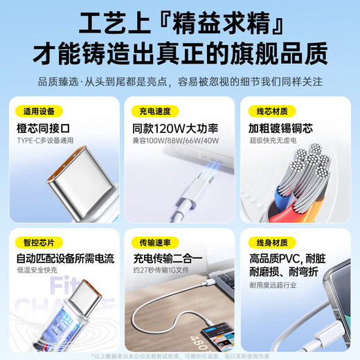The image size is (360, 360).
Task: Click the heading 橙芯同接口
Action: point(45,128)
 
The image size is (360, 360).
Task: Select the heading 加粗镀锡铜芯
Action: point(280,128)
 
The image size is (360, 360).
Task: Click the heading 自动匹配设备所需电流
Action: point(65,259)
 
